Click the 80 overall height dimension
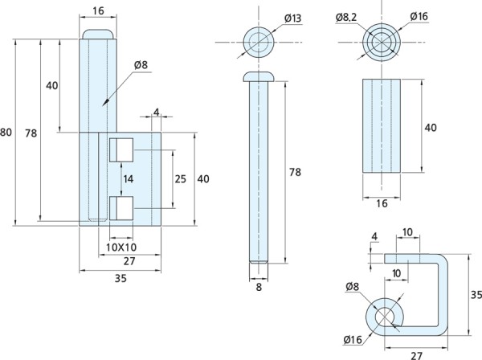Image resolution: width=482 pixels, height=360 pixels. click(x=6, y=131)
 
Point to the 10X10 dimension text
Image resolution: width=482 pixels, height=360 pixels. click(x=120, y=247)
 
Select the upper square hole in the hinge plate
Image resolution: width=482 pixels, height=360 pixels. click(x=121, y=149)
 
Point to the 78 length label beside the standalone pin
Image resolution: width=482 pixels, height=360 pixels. click(x=295, y=172)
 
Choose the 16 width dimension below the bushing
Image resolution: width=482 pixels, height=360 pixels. click(x=382, y=203)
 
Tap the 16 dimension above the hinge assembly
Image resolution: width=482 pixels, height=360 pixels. click(x=98, y=11)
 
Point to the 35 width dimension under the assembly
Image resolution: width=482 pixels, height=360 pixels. click(x=120, y=280)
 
